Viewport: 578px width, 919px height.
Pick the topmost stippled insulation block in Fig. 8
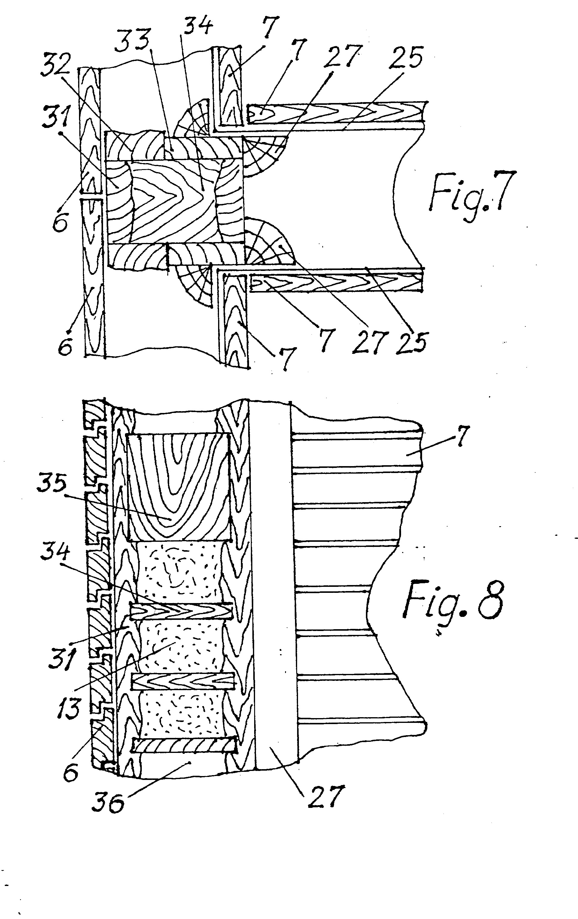click(179, 572)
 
